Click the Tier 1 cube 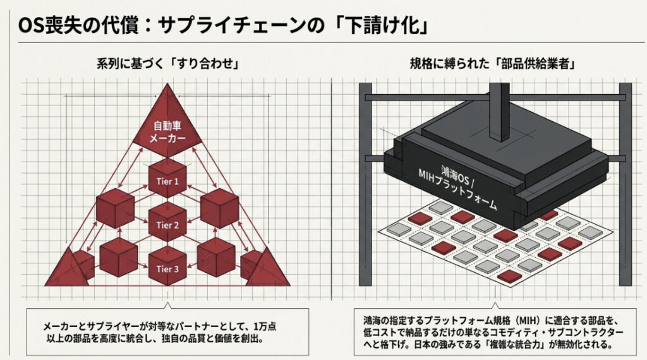[x=167, y=181]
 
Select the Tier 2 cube [x=167, y=224]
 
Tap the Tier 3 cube [x=167, y=267]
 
